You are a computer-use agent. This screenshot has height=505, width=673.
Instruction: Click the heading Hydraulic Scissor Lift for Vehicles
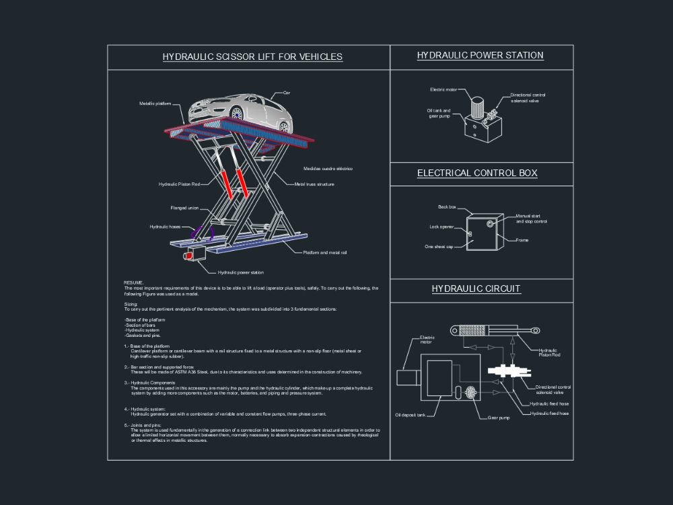pos(252,57)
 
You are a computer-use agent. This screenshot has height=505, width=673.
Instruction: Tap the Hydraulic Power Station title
pos(481,56)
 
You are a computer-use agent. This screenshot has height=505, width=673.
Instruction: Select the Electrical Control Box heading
pos(477,173)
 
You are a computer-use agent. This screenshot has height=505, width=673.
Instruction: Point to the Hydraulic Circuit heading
pos(476,289)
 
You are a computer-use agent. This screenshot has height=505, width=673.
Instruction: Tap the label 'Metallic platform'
pos(155,104)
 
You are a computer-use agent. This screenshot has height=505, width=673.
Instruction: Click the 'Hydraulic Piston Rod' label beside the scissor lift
pos(179,184)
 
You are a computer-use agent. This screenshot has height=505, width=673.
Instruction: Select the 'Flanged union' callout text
pos(184,208)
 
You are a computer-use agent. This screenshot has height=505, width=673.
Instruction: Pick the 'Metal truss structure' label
pos(314,184)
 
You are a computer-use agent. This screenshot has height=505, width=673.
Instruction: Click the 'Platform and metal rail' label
pos(324,252)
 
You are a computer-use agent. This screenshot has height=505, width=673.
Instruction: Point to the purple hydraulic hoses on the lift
pos(201,233)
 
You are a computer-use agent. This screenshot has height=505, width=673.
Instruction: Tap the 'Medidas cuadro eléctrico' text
pos(328,169)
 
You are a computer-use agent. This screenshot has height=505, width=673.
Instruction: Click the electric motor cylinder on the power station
pos(477,108)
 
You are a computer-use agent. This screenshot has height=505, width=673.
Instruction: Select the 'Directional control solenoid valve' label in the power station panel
pos(528,98)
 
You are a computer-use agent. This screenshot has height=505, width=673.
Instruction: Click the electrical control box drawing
pos(483,232)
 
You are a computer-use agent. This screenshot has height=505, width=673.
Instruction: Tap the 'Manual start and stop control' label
pos(531,219)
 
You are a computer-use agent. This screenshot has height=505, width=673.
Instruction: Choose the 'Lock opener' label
pos(441,227)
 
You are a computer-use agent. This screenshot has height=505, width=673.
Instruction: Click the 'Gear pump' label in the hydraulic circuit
pos(499,418)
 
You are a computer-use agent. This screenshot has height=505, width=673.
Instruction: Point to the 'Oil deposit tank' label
pos(410,415)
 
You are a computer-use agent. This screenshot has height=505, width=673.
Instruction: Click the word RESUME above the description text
pos(133,283)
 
